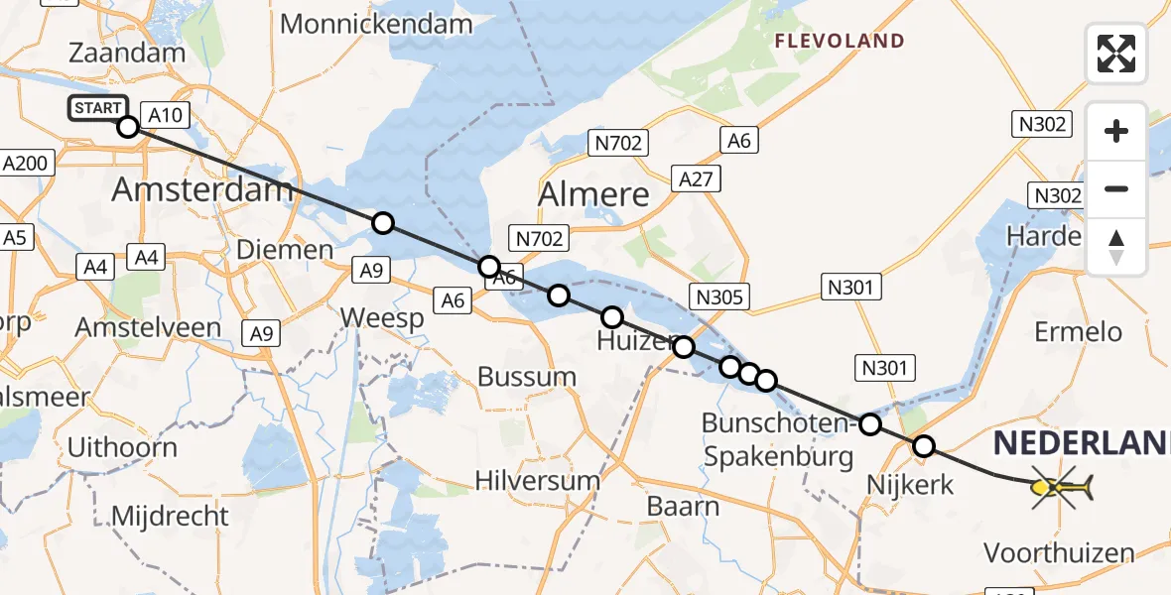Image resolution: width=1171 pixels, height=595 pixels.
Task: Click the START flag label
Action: coord(97,108)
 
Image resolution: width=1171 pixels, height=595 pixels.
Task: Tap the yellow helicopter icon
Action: coord(1061,487)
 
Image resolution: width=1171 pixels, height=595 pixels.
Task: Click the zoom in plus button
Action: coord(1116,131)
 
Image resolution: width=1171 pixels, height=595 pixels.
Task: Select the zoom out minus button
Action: coord(1116,188)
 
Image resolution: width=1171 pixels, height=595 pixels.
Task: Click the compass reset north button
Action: coord(1116,247)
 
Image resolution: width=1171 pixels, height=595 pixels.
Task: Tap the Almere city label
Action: coord(593,194)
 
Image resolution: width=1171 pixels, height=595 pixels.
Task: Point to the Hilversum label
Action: coord(537,481)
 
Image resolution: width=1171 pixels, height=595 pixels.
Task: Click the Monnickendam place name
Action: coord(375,24)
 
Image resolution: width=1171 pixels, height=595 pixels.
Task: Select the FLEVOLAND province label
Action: coord(840,42)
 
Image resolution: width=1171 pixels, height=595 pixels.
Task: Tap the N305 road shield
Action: coord(720,297)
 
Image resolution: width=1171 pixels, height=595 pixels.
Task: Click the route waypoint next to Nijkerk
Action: coord(924,446)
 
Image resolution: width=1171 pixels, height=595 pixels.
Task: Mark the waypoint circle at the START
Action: coord(128,127)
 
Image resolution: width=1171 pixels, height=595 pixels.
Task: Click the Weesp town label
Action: coord(382,318)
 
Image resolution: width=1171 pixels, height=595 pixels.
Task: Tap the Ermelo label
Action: coord(1078,331)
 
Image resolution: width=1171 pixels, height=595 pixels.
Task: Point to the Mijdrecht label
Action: coord(170,516)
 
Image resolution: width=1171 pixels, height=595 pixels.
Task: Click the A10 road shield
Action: coord(165,116)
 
